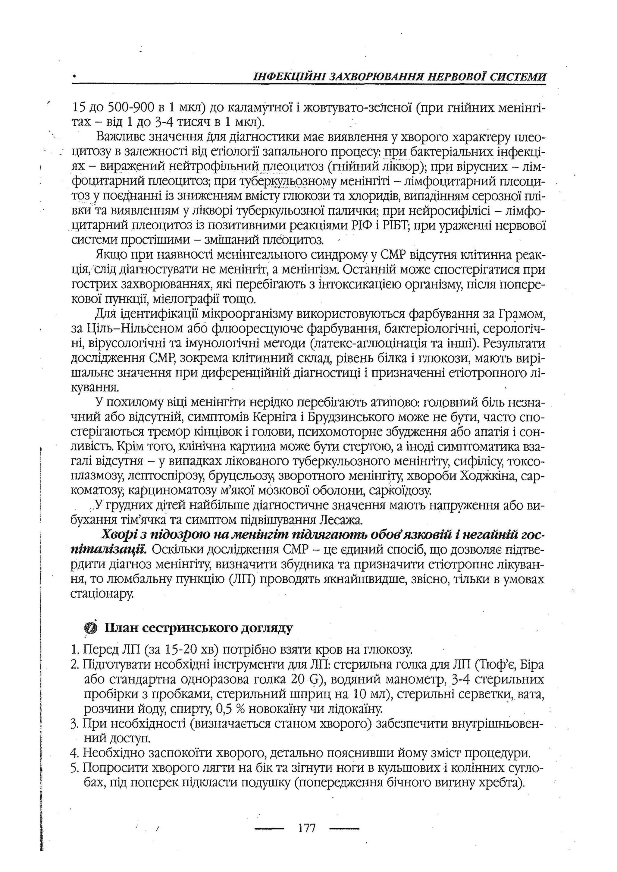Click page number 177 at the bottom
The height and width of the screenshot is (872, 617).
coord(307,827)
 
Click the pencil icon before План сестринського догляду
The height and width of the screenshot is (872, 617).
coord(90,628)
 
